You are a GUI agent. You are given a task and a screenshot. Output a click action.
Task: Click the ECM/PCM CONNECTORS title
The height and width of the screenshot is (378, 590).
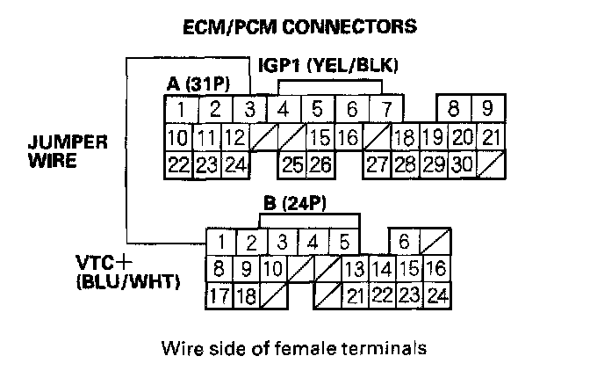pyautogui.click(x=298, y=26)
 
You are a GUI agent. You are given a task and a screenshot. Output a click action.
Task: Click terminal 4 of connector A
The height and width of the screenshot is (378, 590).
pyautogui.click(x=284, y=110)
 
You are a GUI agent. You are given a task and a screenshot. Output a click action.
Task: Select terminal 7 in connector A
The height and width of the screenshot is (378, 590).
pyautogui.click(x=383, y=110)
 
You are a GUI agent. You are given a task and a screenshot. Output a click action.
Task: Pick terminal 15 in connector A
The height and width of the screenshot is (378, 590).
pyautogui.click(x=320, y=137)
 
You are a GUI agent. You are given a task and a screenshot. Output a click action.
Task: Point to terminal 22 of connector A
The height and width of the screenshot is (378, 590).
pyautogui.click(x=178, y=164)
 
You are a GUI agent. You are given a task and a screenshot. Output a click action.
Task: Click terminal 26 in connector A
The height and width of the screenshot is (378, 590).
pyautogui.click(x=320, y=164)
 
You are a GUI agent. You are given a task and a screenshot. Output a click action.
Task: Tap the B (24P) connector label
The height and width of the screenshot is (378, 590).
pyautogui.click(x=296, y=204)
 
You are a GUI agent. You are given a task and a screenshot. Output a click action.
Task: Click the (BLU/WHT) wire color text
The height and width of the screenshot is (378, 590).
pyautogui.click(x=129, y=282)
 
